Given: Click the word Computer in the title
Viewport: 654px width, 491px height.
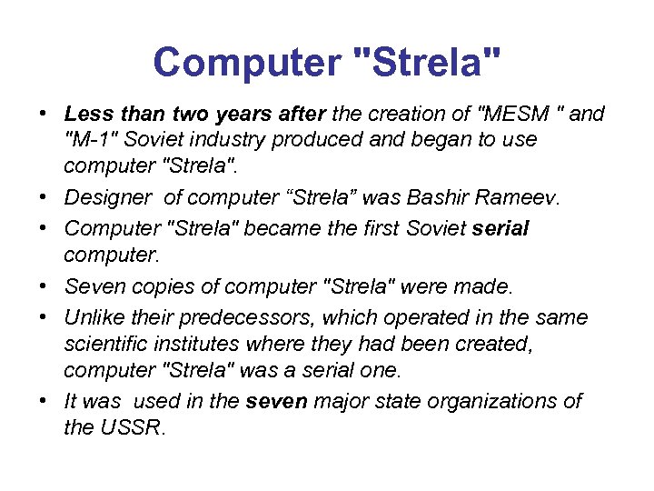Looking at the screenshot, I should coord(246,62).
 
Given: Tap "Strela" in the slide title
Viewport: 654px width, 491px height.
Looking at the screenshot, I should coord(426,62).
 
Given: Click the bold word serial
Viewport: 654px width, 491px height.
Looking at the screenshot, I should coord(501,226).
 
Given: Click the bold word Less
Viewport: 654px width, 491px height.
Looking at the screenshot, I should coord(87,114).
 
